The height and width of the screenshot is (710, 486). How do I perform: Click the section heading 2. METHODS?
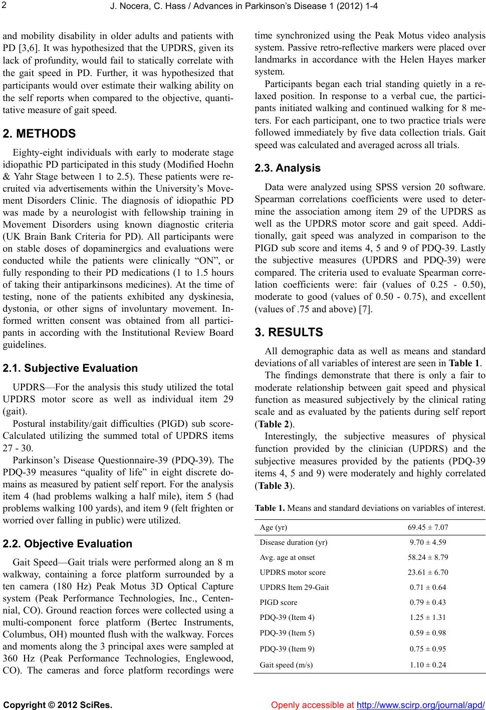[39, 134]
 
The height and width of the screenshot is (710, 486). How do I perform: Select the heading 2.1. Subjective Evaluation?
[70, 368]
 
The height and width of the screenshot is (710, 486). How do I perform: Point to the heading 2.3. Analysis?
[288, 168]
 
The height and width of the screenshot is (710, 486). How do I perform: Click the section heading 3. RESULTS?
[289, 332]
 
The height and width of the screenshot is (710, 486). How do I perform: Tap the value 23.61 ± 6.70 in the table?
[427, 572]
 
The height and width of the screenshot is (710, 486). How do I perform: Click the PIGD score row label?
[279, 602]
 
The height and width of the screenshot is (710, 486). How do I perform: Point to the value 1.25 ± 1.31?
[427, 617]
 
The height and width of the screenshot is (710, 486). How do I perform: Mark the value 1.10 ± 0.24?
[427, 664]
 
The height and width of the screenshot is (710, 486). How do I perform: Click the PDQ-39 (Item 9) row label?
[288, 648]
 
